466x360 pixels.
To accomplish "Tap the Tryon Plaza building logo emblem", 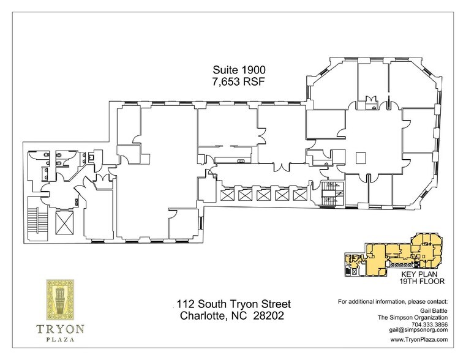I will coord(59,300).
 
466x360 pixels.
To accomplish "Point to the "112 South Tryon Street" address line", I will coord(233,304).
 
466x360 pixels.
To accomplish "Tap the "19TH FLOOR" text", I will coord(421,283).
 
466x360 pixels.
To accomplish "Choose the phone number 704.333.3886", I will coord(429,323).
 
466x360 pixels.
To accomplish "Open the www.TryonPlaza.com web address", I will coord(419,339).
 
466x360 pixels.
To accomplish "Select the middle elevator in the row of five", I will coord(264,195).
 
